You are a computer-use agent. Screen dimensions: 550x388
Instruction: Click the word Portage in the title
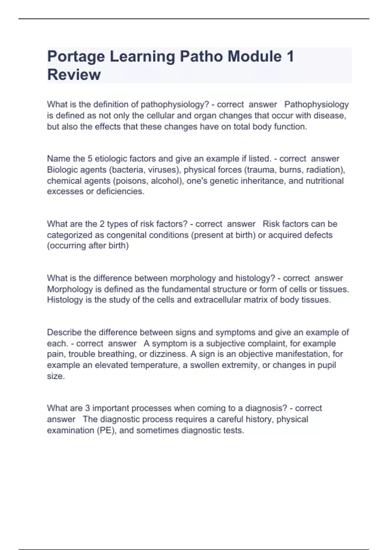(76, 57)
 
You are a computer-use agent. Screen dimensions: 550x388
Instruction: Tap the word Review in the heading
(74, 75)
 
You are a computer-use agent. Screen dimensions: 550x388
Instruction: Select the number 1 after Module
(290, 56)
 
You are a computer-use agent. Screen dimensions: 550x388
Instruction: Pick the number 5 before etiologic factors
(90, 159)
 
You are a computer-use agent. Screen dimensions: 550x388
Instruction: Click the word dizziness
(168, 354)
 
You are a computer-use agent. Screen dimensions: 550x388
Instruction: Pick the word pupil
(327, 365)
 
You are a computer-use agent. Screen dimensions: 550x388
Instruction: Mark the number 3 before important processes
(87, 408)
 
